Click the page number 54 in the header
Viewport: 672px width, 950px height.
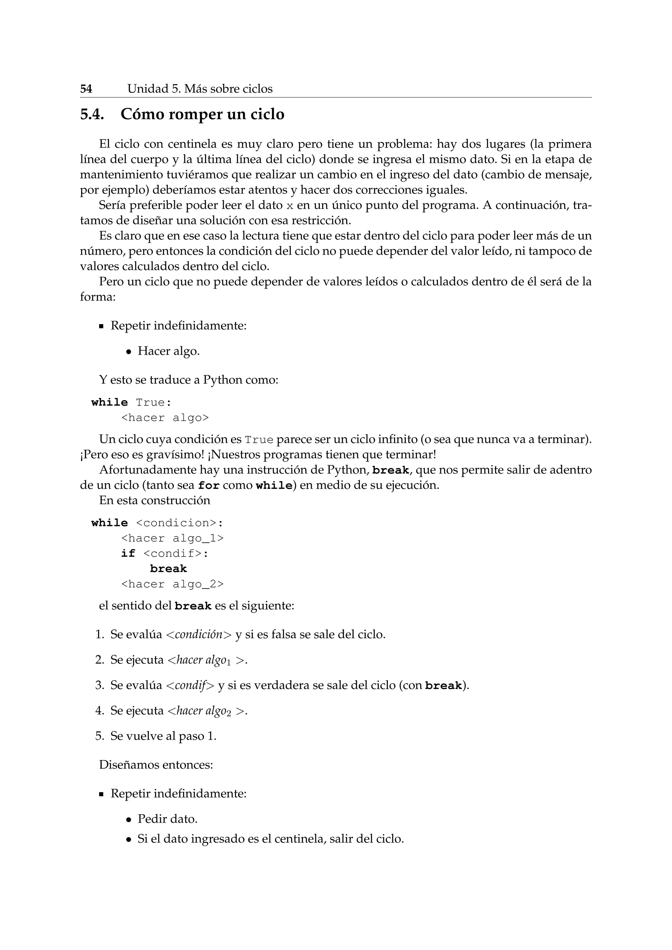pyautogui.click(x=86, y=89)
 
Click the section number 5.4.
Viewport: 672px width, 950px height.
pyautogui.click(x=92, y=114)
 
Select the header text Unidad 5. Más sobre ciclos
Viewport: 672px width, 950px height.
pyautogui.click(x=200, y=89)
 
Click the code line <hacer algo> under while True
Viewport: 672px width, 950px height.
pyautogui.click(x=165, y=418)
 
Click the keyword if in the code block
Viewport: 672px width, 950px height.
pyautogui.click(x=128, y=554)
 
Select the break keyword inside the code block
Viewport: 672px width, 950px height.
pyautogui.click(x=168, y=569)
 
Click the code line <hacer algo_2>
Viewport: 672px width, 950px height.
pyautogui.click(x=172, y=584)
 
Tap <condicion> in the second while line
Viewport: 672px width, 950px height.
pyautogui.click(x=176, y=523)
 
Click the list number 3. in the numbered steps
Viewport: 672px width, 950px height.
pyautogui.click(x=100, y=685)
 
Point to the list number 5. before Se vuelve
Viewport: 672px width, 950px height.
pyautogui.click(x=100, y=736)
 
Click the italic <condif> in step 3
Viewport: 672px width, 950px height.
pyautogui.click(x=190, y=685)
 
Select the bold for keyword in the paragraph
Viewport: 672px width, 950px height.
pyautogui.click(x=209, y=485)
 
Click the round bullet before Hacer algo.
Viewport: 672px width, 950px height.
pyautogui.click(x=129, y=352)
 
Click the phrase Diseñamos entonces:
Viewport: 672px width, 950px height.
pyautogui.click(x=156, y=765)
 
